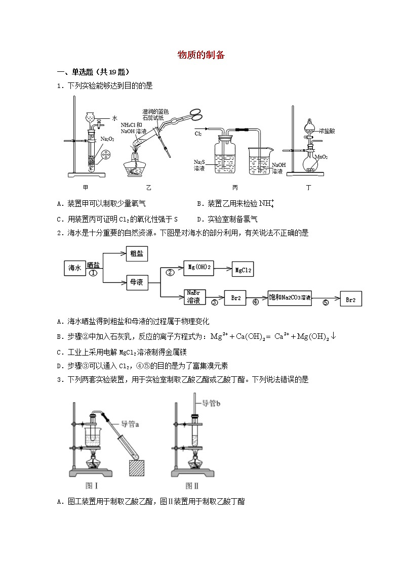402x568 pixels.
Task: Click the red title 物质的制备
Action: (x=201, y=55)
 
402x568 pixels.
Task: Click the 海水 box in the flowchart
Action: (x=75, y=268)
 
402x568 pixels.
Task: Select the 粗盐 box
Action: (x=137, y=254)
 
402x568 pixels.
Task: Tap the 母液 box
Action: (x=137, y=283)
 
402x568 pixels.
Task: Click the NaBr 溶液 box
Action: (x=193, y=297)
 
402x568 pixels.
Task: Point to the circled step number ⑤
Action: (x=326, y=303)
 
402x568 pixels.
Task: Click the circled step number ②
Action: (x=171, y=272)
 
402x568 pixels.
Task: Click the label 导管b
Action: (x=213, y=403)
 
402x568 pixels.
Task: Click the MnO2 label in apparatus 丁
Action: (x=321, y=157)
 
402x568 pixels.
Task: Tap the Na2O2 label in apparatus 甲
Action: (x=107, y=138)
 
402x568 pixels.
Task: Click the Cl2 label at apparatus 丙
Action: (x=198, y=135)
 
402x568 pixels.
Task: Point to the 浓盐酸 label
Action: (x=327, y=130)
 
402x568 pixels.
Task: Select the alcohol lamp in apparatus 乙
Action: (x=135, y=165)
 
